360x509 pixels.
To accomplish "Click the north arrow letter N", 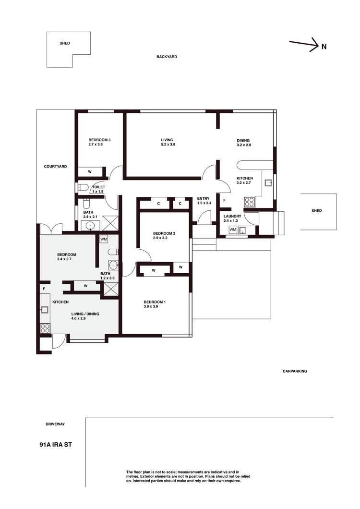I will coord(324,47).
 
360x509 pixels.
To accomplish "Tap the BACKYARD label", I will coord(167,57).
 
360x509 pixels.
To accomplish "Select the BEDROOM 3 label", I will coord(99,140).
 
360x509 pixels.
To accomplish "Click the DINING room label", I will coord(243,140).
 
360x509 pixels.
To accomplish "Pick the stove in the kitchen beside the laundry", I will coord(249,202).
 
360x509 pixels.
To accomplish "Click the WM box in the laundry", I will coord(233,230).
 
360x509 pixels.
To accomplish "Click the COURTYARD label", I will coord(55,166).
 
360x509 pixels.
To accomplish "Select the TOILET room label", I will coord(98,187).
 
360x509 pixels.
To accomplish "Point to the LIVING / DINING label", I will coord(85,314).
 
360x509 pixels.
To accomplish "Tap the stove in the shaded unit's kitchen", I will coord(45,328).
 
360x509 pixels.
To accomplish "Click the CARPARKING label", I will coord(294,371).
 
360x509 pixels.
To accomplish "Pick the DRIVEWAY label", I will coord(55,424).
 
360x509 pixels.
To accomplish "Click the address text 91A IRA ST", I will coord(56,445).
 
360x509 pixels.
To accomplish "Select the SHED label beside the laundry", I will coord(316,211).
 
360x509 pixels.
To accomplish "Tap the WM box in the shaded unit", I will coord(104,239).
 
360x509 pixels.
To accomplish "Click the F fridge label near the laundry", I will coord(225,200).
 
